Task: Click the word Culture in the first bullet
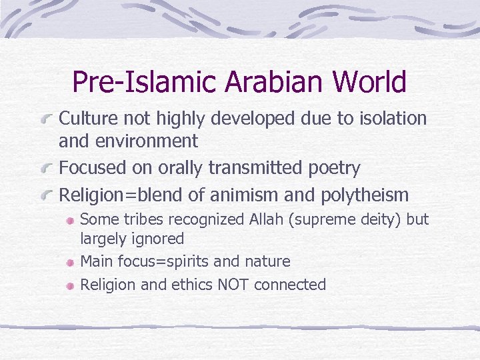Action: coord(86,119)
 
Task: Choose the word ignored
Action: coord(159,238)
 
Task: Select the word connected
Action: coord(290,285)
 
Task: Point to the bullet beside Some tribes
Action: coord(70,221)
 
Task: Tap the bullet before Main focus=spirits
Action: coord(70,263)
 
